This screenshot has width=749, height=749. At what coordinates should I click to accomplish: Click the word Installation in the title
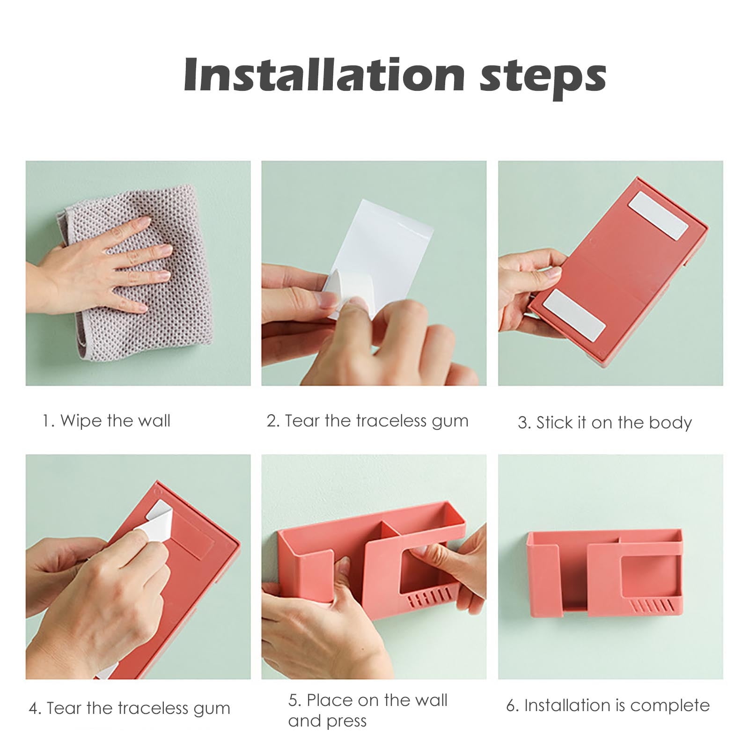[x=324, y=74]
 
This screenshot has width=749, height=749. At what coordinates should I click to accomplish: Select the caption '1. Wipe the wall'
[x=106, y=420]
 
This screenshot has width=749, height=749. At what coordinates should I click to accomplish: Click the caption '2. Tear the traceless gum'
[x=367, y=421]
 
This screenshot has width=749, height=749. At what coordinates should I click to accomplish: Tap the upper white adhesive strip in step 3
[x=658, y=215]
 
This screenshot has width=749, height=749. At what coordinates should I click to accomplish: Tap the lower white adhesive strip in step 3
[x=574, y=315]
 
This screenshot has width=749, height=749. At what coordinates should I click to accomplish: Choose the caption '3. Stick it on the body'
[x=605, y=423]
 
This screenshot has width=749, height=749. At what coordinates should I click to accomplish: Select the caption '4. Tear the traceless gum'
[x=129, y=708]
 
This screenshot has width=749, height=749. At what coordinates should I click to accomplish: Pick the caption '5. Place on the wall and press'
[x=368, y=710]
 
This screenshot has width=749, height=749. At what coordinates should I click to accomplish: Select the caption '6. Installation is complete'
[x=608, y=705]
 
